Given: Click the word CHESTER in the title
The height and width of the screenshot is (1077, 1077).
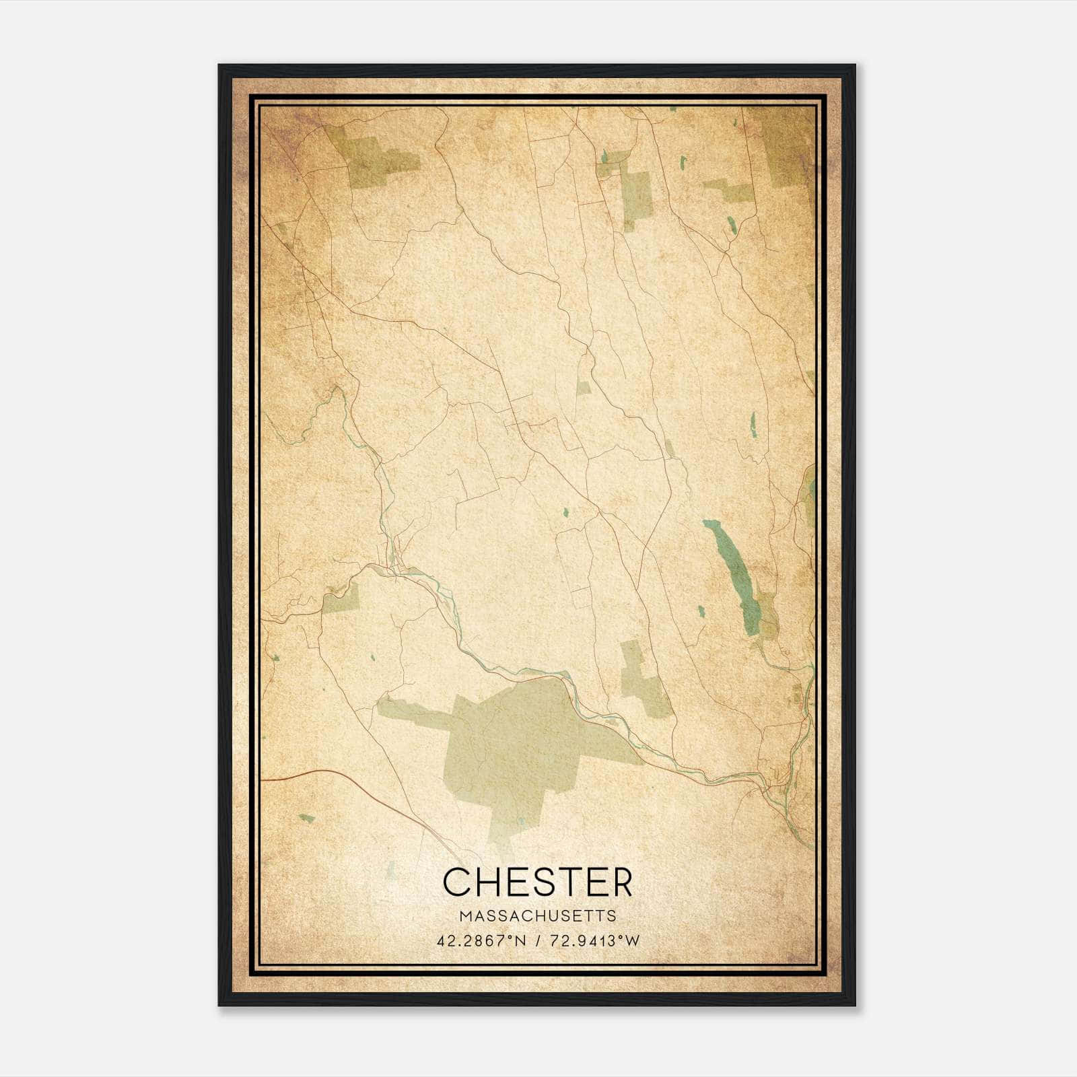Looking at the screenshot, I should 538,882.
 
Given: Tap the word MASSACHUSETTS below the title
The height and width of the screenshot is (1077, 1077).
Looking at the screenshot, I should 538,915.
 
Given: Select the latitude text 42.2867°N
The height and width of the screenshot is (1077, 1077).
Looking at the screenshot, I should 481,941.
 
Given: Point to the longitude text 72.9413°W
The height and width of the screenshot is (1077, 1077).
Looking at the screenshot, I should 594,941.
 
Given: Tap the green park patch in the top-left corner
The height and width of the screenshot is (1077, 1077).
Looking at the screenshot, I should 377,162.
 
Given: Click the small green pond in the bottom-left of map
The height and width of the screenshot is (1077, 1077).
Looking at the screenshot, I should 306,819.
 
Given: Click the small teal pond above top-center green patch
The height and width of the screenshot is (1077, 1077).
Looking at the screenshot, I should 604,158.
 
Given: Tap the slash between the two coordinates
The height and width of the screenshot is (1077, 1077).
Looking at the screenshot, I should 538,941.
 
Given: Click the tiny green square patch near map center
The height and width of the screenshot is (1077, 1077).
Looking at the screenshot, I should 583,388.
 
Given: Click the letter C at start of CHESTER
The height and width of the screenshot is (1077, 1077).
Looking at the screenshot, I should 456,882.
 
